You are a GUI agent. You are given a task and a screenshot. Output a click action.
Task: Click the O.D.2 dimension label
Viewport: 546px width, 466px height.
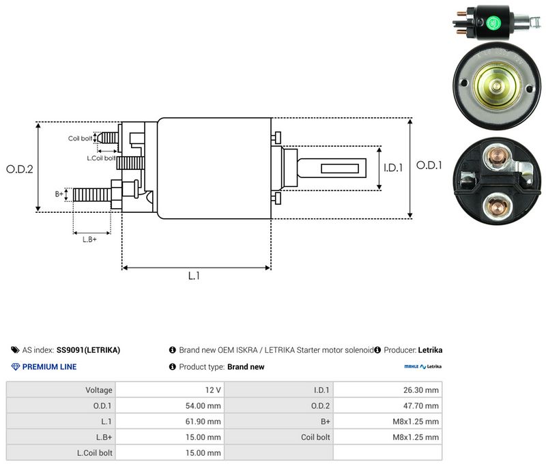20,169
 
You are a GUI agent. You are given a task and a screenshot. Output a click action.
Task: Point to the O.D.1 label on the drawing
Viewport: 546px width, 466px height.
429,165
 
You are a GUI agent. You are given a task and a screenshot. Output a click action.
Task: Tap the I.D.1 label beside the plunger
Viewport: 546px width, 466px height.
393,168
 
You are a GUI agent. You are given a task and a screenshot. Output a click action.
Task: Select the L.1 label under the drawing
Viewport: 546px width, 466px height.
194,276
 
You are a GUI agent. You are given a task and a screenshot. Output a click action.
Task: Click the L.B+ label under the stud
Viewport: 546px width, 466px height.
89,239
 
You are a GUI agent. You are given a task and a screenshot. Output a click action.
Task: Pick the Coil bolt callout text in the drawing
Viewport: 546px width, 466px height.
80,139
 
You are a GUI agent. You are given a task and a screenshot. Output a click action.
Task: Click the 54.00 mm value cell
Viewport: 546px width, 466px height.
203,406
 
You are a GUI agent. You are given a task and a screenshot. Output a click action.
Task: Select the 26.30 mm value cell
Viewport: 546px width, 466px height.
421,390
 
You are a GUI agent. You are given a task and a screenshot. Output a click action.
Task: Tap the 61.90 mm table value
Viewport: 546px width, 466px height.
203,422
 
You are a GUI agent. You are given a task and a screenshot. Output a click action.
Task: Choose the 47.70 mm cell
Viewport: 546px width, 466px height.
421,406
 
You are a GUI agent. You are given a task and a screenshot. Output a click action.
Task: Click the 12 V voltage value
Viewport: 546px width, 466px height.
213,390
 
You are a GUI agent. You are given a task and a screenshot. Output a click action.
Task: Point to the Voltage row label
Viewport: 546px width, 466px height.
99,390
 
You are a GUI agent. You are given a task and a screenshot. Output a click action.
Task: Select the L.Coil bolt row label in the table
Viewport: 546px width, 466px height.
95,453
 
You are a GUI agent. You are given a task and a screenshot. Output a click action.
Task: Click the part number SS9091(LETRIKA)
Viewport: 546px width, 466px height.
88,350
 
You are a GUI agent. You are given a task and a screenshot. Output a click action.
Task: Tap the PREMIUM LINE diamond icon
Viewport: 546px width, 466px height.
16,367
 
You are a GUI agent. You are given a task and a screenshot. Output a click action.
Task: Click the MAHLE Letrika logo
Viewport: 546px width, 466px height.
422,366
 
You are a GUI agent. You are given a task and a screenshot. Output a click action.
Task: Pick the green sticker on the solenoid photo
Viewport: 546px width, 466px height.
493,23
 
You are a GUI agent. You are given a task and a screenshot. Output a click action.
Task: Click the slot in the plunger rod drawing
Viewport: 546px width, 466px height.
339,169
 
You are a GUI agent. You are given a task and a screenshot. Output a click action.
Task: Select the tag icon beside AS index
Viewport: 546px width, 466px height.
15,350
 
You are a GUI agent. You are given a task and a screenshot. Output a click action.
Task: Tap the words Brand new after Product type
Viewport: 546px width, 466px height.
246,367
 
